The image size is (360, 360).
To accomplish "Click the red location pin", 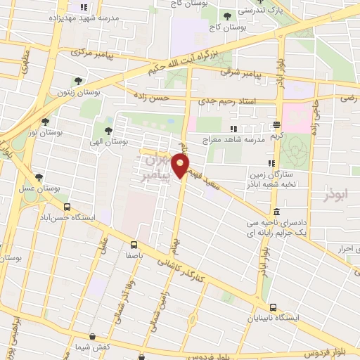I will [x=181, y=166].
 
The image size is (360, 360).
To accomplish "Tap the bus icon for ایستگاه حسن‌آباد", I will [x=67, y=207].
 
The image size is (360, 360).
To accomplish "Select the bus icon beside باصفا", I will [x=134, y=245].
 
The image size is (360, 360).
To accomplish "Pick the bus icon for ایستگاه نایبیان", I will [x=274, y=307].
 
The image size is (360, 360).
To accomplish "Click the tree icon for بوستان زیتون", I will [x=78, y=81].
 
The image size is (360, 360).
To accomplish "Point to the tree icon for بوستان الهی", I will [x=108, y=130].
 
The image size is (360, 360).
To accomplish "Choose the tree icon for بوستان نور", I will [x=46, y=121].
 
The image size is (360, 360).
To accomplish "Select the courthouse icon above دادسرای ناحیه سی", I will [x=276, y=212].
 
